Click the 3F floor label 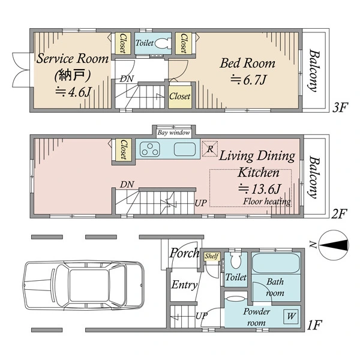[340, 107]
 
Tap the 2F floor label [339, 214]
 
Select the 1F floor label [315, 325]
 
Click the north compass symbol [334, 245]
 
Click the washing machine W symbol [290, 317]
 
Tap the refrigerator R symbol [210, 149]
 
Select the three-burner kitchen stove [150, 149]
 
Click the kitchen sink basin [185, 149]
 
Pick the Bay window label [174, 133]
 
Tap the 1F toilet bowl [236, 260]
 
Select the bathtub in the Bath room [276, 263]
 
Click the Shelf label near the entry [212, 256]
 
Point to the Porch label [184, 253]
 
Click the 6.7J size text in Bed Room [248, 80]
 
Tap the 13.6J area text [259, 189]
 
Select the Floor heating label [267, 202]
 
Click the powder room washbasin [235, 299]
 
